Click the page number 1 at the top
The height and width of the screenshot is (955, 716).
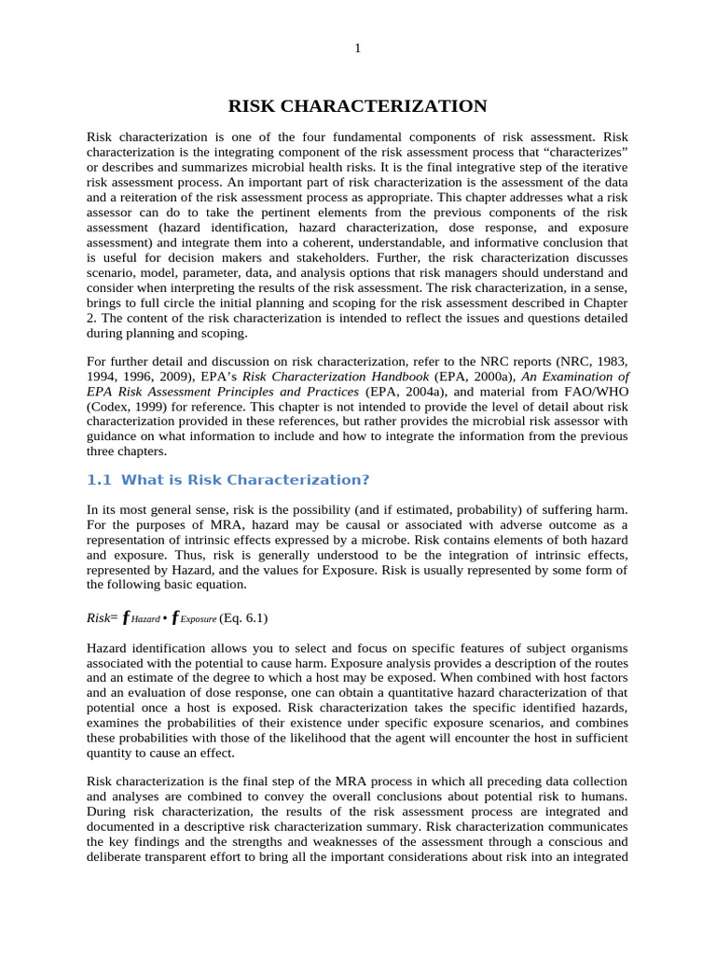[357, 49]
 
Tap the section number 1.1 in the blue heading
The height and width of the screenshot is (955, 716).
[99, 479]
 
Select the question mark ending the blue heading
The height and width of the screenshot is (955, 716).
[365, 479]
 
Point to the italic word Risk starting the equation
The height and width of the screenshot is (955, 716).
[98, 617]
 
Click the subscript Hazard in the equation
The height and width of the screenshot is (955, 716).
[146, 619]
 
